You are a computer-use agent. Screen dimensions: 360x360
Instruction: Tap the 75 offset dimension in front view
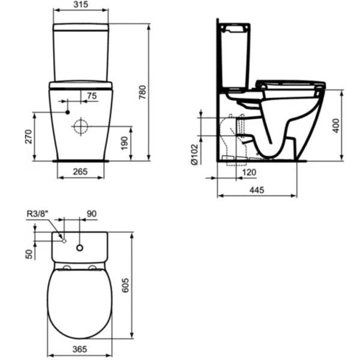coord(91,96)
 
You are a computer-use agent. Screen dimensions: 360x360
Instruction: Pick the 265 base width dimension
coord(80,172)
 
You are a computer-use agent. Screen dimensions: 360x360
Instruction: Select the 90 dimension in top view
coord(91,213)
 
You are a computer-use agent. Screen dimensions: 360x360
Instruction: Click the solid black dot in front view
coord(68,112)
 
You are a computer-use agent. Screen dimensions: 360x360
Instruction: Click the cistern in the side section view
coord(235,54)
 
